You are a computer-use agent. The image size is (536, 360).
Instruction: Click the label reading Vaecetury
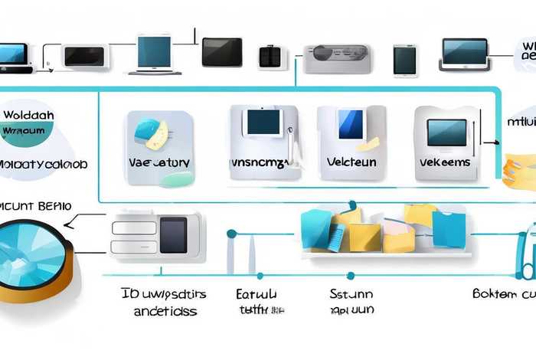tap(159, 163)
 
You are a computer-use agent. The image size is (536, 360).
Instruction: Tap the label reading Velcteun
tap(351, 163)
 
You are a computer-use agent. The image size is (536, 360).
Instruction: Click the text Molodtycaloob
tap(43, 165)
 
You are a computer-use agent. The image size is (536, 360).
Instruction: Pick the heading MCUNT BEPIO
tap(36, 206)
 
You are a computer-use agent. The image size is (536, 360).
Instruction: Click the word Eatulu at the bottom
tap(257, 294)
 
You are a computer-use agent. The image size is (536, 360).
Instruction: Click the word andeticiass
tap(165, 311)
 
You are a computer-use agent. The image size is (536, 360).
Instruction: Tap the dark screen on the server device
tap(173, 234)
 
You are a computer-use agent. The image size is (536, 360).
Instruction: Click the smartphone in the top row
tap(405, 60)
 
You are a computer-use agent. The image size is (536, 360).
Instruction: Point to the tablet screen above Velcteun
tap(351, 124)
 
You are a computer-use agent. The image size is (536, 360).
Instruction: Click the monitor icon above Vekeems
tap(447, 133)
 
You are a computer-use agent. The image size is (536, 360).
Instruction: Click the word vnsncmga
tap(258, 164)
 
